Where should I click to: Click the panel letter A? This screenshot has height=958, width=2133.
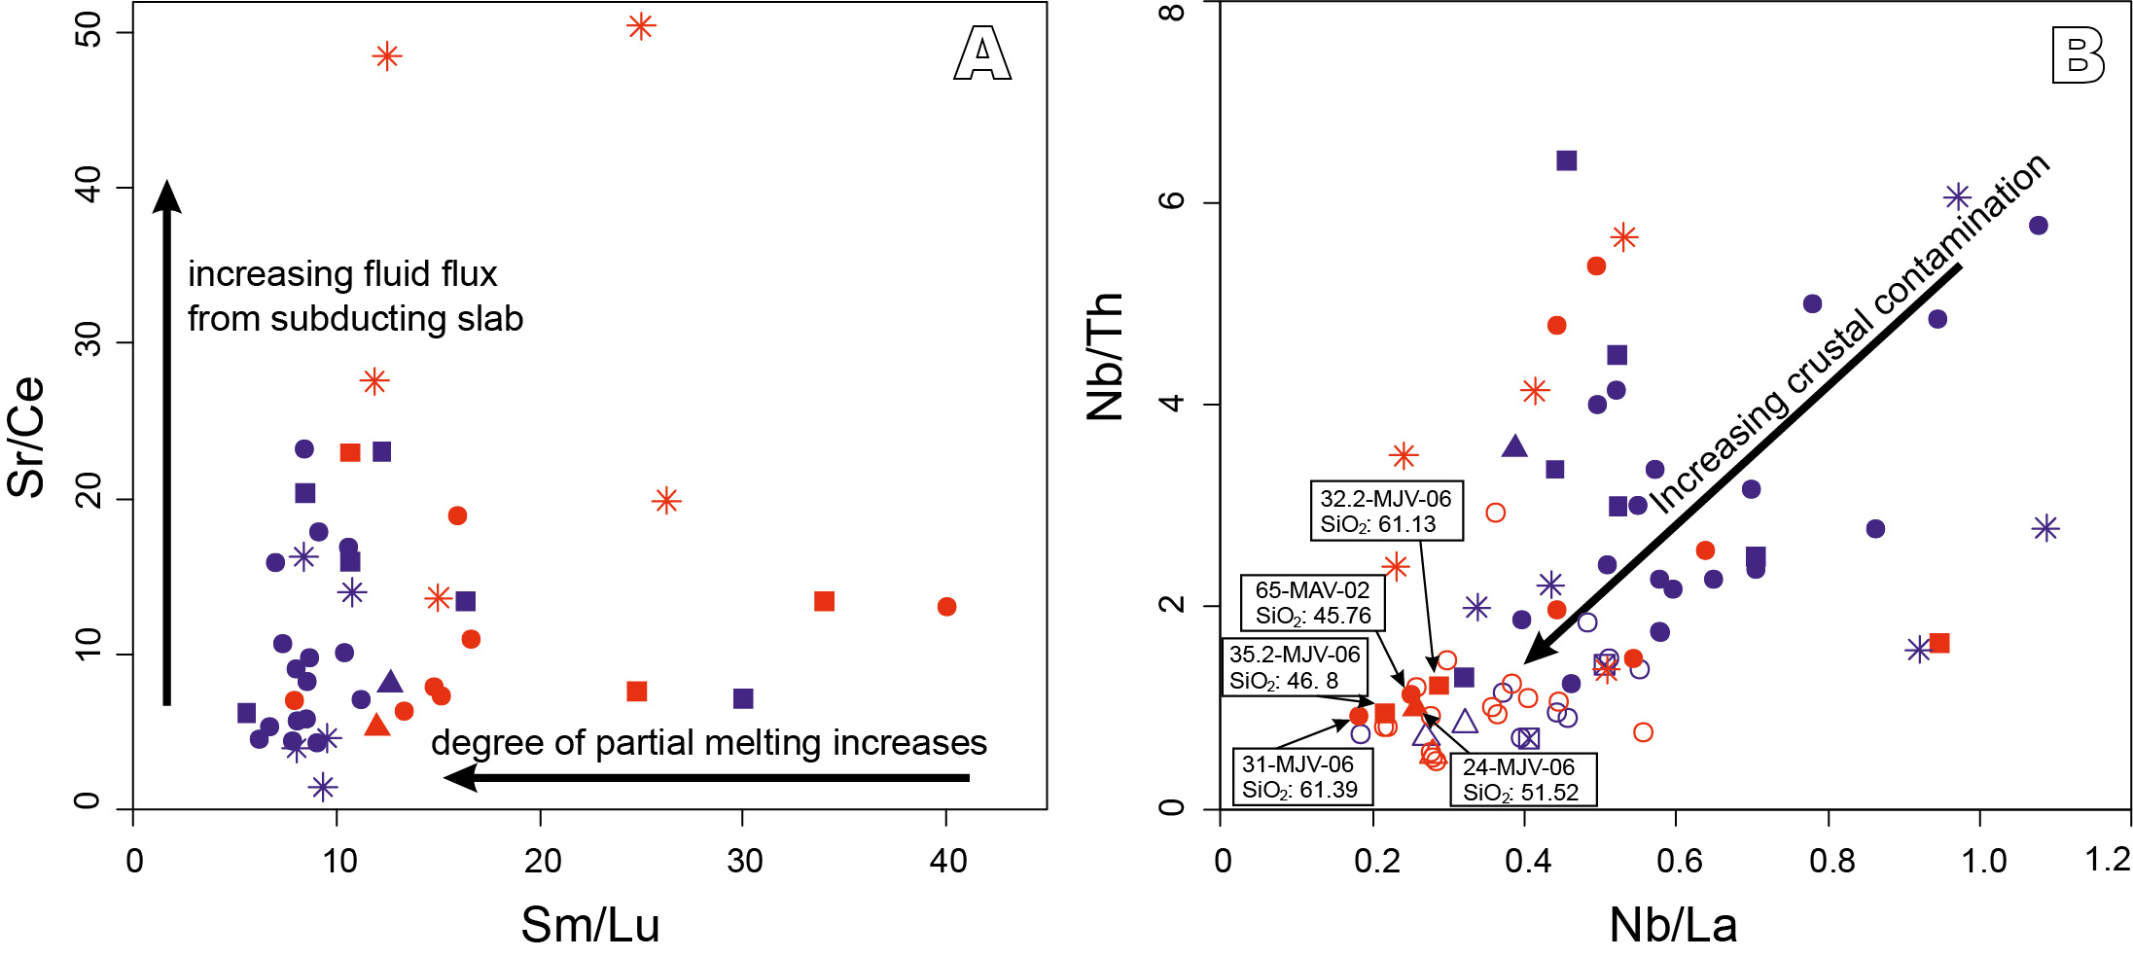pos(982,53)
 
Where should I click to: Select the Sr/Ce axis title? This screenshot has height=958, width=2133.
pos(26,437)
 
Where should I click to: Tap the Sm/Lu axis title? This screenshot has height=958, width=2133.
pos(590,924)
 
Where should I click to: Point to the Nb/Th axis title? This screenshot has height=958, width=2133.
pos(1105,357)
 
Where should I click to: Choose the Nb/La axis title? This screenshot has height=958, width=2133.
pos(1673,924)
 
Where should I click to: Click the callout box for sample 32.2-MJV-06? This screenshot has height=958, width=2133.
pos(1385,512)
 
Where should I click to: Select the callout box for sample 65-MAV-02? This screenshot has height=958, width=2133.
pos(1312,603)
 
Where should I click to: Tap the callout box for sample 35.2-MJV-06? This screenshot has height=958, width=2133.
pos(1295,667)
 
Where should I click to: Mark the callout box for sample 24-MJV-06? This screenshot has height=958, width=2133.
pos(1522,780)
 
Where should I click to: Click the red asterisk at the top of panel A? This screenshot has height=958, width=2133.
pos(640,26)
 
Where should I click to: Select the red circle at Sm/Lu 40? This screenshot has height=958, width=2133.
pos(946,607)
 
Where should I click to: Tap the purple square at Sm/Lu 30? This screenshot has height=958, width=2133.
pos(743,698)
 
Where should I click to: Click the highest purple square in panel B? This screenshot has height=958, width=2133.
pos(1566,160)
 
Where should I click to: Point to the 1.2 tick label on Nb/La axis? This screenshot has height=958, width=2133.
pos(2107,860)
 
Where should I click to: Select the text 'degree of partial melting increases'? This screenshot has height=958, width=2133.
pos(708,743)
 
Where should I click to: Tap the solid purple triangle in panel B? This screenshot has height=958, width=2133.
pos(1514,446)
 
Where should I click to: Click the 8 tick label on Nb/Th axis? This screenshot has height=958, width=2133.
pos(1174,13)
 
